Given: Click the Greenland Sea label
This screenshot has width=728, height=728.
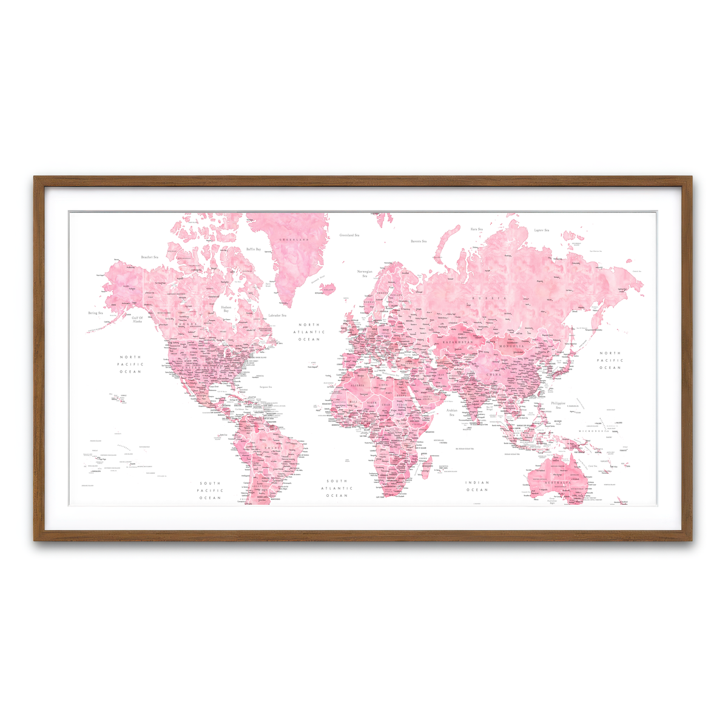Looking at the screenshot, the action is pyautogui.click(x=349, y=235).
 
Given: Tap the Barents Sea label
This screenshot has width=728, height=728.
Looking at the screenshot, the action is pyautogui.click(x=419, y=241).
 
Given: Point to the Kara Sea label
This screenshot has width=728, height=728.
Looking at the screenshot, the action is pyautogui.click(x=477, y=229).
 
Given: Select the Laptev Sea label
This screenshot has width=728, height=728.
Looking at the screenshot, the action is pyautogui.click(x=541, y=231).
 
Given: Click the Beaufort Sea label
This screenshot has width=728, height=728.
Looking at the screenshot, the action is pyautogui.click(x=149, y=257).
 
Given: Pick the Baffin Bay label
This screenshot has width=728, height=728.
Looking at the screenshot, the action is pyautogui.click(x=254, y=249).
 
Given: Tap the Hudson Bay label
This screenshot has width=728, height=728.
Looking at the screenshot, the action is pyautogui.click(x=226, y=309).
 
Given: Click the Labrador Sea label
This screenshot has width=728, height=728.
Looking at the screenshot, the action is pyautogui.click(x=277, y=315).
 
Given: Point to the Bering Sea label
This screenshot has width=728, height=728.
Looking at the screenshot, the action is pyautogui.click(x=96, y=313).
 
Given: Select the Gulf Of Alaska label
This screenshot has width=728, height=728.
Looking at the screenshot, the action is pyautogui.click(x=137, y=320).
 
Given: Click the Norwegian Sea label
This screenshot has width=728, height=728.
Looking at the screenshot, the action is pyautogui.click(x=365, y=274).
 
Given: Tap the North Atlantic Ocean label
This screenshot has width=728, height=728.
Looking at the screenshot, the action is pyautogui.click(x=309, y=332).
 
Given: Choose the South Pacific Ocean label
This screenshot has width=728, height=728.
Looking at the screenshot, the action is pyautogui.click(x=211, y=490).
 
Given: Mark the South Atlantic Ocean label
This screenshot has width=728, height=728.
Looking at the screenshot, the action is pyautogui.click(x=337, y=488).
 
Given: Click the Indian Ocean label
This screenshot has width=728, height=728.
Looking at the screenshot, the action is pyautogui.click(x=477, y=486).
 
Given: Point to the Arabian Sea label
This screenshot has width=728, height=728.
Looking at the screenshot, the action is pyautogui.click(x=452, y=412).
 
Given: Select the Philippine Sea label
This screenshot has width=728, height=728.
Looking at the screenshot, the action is pyautogui.click(x=558, y=405).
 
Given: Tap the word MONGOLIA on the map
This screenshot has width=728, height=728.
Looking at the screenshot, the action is pyautogui.click(x=511, y=346).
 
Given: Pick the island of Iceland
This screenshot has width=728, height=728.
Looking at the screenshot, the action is pyautogui.click(x=327, y=288).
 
